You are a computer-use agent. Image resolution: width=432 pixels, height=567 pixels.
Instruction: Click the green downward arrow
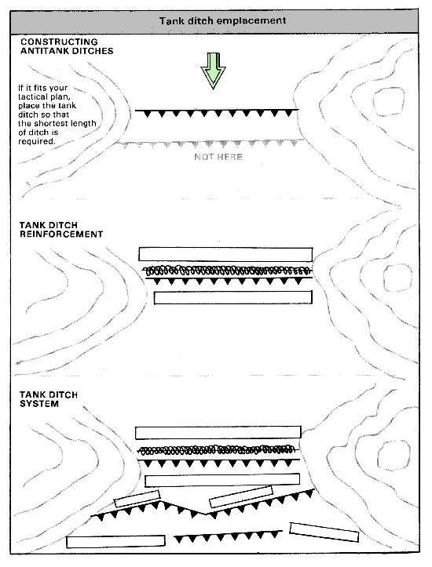coord(214,71)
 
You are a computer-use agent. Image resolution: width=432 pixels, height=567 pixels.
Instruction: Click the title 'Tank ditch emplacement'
coord(223,20)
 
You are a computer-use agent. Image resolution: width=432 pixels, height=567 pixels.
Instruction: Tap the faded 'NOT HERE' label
coord(218,157)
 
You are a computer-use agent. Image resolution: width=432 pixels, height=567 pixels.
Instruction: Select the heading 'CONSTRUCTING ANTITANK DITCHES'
coord(67,46)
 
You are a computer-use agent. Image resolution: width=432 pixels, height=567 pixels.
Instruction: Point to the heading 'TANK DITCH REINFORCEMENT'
coord(61,230)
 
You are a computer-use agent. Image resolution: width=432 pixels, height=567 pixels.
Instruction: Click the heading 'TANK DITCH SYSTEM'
coord(49,399)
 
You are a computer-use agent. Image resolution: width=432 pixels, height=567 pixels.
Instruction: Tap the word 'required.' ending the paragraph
coord(37,141)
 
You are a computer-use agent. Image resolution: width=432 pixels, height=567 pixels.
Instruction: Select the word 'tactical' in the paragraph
coord(33,96)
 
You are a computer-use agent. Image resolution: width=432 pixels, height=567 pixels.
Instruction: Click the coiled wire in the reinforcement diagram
coord(227,270)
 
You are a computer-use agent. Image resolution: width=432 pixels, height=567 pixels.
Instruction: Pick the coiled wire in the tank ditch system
coord(218,450)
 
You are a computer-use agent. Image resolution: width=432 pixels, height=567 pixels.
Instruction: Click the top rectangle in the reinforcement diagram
coord(225,254)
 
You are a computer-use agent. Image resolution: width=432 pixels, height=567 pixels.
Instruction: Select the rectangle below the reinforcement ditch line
coord(232,297)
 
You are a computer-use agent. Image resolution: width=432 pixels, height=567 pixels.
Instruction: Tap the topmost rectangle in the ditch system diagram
coord(218,432)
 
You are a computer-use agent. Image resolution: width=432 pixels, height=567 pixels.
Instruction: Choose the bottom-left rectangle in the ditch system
coord(115,541)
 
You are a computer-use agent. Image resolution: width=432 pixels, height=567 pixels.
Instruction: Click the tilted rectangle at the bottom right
coord(324,532)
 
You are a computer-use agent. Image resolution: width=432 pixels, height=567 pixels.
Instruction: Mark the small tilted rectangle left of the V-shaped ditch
coord(137,499)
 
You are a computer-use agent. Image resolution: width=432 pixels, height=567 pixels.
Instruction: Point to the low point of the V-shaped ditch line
coord(205,514)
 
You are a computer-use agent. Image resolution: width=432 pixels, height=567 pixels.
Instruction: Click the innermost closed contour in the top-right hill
coord(389,102)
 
